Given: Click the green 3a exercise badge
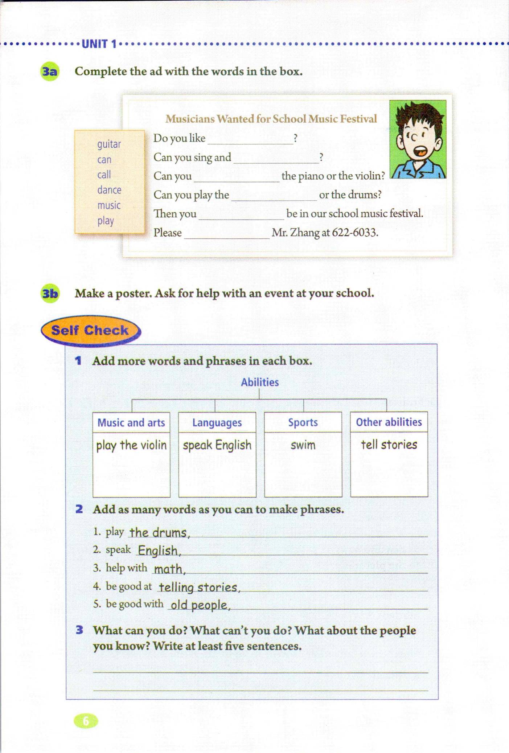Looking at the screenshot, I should coord(50,71).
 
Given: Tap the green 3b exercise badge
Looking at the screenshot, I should coord(50,293).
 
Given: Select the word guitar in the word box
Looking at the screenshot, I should coord(109,144).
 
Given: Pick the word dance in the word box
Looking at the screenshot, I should coord(109,190).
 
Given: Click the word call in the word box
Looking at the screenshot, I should coord(104,175).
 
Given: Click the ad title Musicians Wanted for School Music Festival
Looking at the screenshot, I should coord(271,119).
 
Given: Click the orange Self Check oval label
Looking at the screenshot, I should coord(90,330).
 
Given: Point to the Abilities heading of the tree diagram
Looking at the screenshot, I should coord(260,382).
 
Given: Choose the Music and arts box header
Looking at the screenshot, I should coord(131,422).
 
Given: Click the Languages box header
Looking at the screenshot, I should coord(217,422).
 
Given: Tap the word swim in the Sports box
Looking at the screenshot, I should coord(303,445).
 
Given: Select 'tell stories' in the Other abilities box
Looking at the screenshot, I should coord(389,445).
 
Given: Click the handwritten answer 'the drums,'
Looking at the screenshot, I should coord(159,533).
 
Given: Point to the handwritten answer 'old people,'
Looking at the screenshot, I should coord(200,605).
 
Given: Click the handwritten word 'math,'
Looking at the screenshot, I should coord(169,569).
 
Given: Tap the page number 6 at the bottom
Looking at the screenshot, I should coord(86,720).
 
